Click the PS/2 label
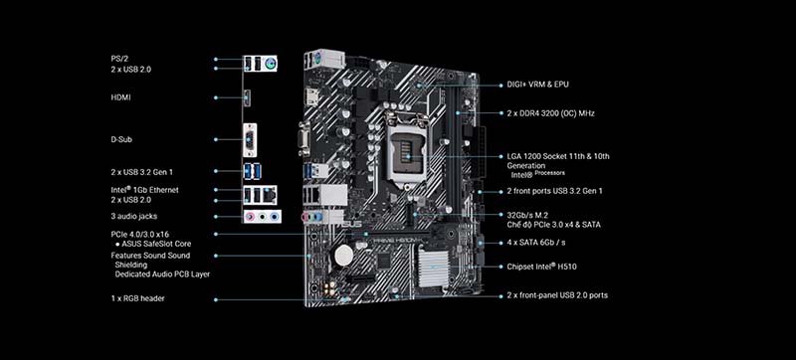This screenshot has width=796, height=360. [119, 59]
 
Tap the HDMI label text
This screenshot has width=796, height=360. [120, 97]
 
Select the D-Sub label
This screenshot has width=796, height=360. [121, 139]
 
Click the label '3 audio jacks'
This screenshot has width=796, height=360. [134, 216]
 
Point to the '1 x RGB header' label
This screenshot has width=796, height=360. [137, 298]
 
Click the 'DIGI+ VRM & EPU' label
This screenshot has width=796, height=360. [537, 85]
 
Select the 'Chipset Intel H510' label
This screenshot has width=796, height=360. [541, 267]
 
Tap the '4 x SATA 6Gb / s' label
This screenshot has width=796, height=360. [536, 243]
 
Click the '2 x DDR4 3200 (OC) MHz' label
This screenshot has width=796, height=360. [550, 113]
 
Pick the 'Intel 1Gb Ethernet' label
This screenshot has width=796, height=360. [144, 190]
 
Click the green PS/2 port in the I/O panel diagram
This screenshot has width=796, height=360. [270, 64]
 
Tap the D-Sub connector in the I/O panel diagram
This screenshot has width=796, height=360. [250, 139]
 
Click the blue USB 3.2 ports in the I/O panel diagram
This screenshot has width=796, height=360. [253, 171]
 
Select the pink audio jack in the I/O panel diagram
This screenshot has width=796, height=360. [250, 217]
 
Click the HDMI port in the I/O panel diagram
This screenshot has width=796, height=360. [247, 97]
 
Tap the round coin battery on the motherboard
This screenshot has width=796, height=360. [343, 255]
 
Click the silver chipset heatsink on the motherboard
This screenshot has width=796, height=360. [433, 268]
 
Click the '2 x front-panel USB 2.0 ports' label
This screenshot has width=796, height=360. [557, 295]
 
